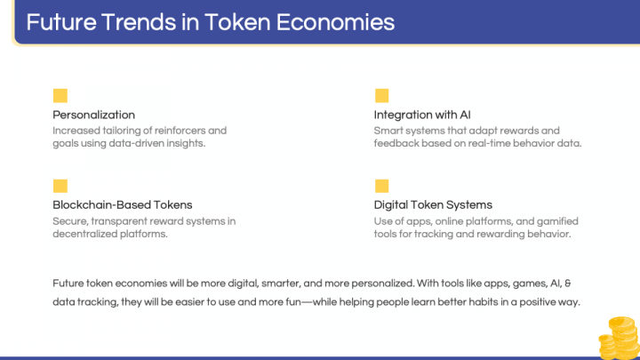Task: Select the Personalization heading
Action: tap(94, 115)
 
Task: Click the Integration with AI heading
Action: tap(422, 115)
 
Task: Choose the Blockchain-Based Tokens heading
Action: tap(123, 204)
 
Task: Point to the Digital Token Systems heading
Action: tap(433, 204)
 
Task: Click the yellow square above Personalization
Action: tap(60, 96)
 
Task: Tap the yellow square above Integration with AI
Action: tap(381, 96)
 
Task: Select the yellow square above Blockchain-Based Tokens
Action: tap(60, 186)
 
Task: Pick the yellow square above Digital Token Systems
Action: tap(381, 186)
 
